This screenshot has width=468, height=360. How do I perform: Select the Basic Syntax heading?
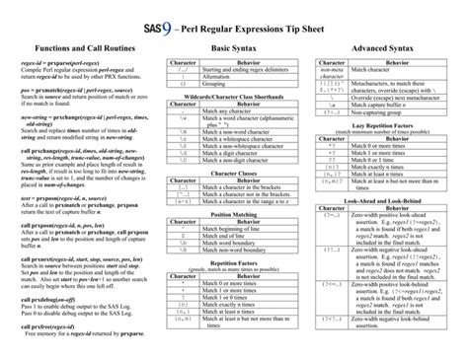click(x=234, y=47)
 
